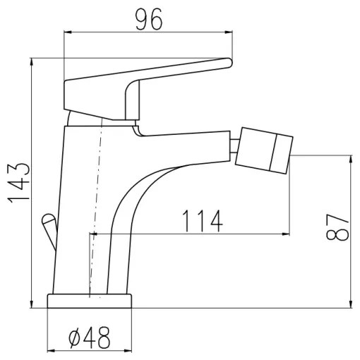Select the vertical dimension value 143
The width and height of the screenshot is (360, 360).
[19, 184]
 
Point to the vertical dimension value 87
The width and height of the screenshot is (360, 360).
[339, 228]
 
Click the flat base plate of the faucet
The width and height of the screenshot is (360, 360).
[90, 301]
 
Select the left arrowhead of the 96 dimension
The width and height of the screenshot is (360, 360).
[68, 32]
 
